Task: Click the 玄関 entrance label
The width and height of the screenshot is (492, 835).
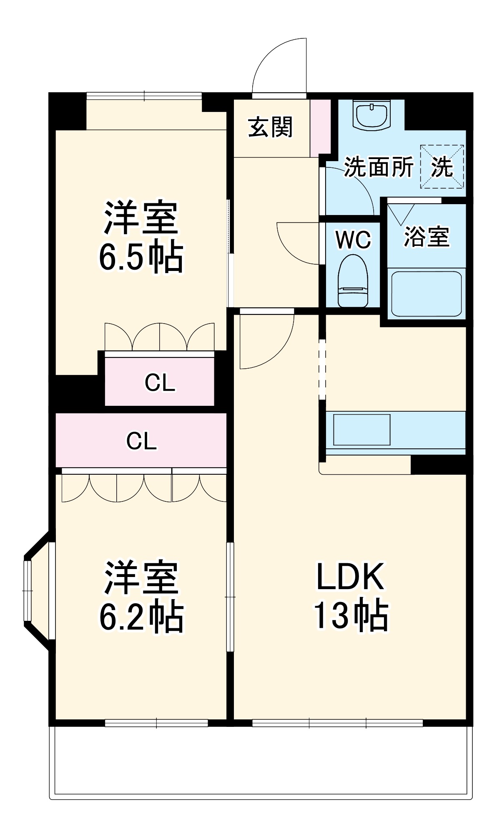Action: click(x=270, y=127)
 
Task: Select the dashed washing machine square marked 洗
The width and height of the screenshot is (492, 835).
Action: click(x=442, y=167)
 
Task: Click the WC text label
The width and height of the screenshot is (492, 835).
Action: click(x=353, y=240)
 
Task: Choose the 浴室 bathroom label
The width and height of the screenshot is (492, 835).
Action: click(x=426, y=236)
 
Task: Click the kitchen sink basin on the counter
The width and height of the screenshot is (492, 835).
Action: click(x=361, y=430)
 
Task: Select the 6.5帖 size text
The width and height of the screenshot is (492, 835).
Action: click(x=141, y=256)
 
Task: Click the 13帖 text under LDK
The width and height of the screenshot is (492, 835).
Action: click(x=351, y=615)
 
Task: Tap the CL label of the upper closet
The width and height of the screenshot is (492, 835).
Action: click(x=159, y=382)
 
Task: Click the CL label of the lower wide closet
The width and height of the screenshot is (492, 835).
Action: click(x=141, y=441)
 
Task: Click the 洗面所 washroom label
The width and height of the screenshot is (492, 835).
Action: click(x=378, y=167)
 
